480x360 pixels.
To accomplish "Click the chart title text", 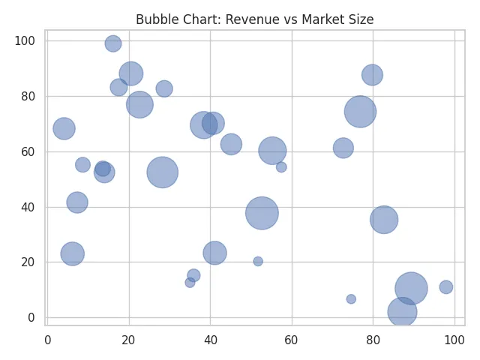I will tap(254, 20).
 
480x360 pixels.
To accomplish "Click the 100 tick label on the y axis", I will tap(25, 40).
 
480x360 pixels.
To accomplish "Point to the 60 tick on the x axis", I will tap(292, 325).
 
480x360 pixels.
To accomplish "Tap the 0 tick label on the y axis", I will tap(31, 318).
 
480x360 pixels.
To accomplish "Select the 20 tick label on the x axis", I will tap(129, 340).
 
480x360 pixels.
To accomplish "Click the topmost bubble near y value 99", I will tap(113, 43).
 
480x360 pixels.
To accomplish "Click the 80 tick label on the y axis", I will tap(28, 96).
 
